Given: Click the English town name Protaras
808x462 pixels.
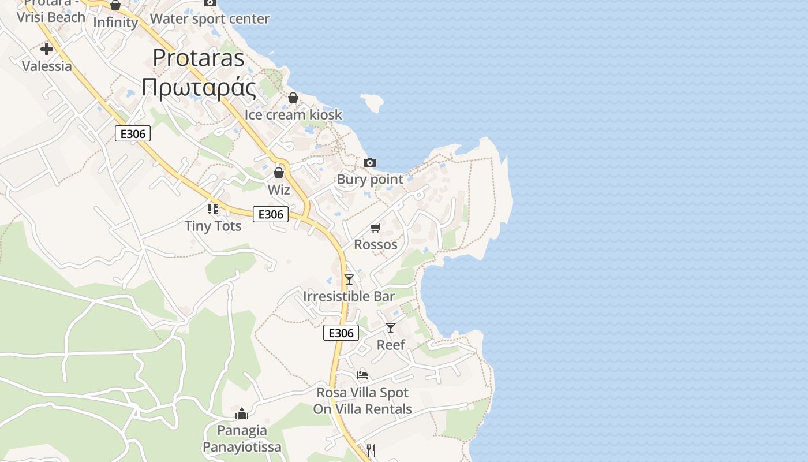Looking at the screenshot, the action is pyautogui.click(x=199, y=58).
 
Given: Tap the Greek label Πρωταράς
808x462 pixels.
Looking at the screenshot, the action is pyautogui.click(x=199, y=88).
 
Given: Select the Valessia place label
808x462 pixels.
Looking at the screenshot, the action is pyautogui.click(x=47, y=66).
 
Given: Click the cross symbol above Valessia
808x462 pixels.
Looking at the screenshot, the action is pyautogui.click(x=47, y=49).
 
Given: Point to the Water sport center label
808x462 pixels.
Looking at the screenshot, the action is pyautogui.click(x=210, y=18).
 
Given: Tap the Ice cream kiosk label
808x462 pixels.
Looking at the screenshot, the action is pyautogui.click(x=293, y=114).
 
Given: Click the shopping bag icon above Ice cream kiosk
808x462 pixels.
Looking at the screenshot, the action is pyautogui.click(x=293, y=98).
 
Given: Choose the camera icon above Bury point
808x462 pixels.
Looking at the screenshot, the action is pyautogui.click(x=370, y=163).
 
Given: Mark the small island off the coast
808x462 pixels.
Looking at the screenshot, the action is pyautogui.click(x=372, y=102).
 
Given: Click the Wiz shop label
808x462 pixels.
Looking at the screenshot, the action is pyautogui.click(x=279, y=189).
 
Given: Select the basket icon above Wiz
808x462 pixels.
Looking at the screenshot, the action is pyautogui.click(x=279, y=173).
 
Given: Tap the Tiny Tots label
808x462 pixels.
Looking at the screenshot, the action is pyautogui.click(x=213, y=226).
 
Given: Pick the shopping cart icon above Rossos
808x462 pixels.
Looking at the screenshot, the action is pyautogui.click(x=376, y=228).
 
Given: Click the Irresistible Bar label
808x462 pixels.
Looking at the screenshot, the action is pyautogui.click(x=349, y=296).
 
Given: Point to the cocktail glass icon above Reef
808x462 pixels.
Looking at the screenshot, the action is pyautogui.click(x=391, y=328).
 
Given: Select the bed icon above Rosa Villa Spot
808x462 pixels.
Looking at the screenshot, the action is pyautogui.click(x=362, y=375).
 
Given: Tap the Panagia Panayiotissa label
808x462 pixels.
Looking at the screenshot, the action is pyautogui.click(x=242, y=438).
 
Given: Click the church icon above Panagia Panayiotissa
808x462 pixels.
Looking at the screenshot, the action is pyautogui.click(x=242, y=413).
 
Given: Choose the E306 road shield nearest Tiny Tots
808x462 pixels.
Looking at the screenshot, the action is pyautogui.click(x=271, y=214).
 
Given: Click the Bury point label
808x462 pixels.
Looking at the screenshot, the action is pyautogui.click(x=370, y=179).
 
